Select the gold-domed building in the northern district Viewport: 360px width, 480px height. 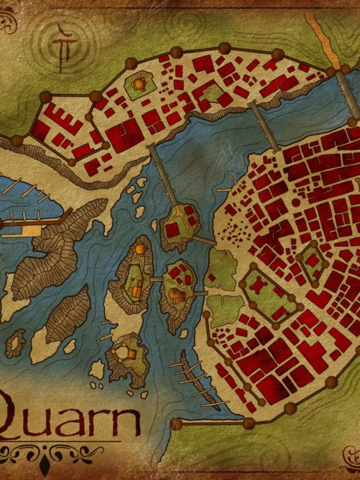(139, 87)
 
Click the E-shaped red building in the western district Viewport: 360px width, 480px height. (57, 120)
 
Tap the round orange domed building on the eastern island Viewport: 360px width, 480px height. (178, 295)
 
